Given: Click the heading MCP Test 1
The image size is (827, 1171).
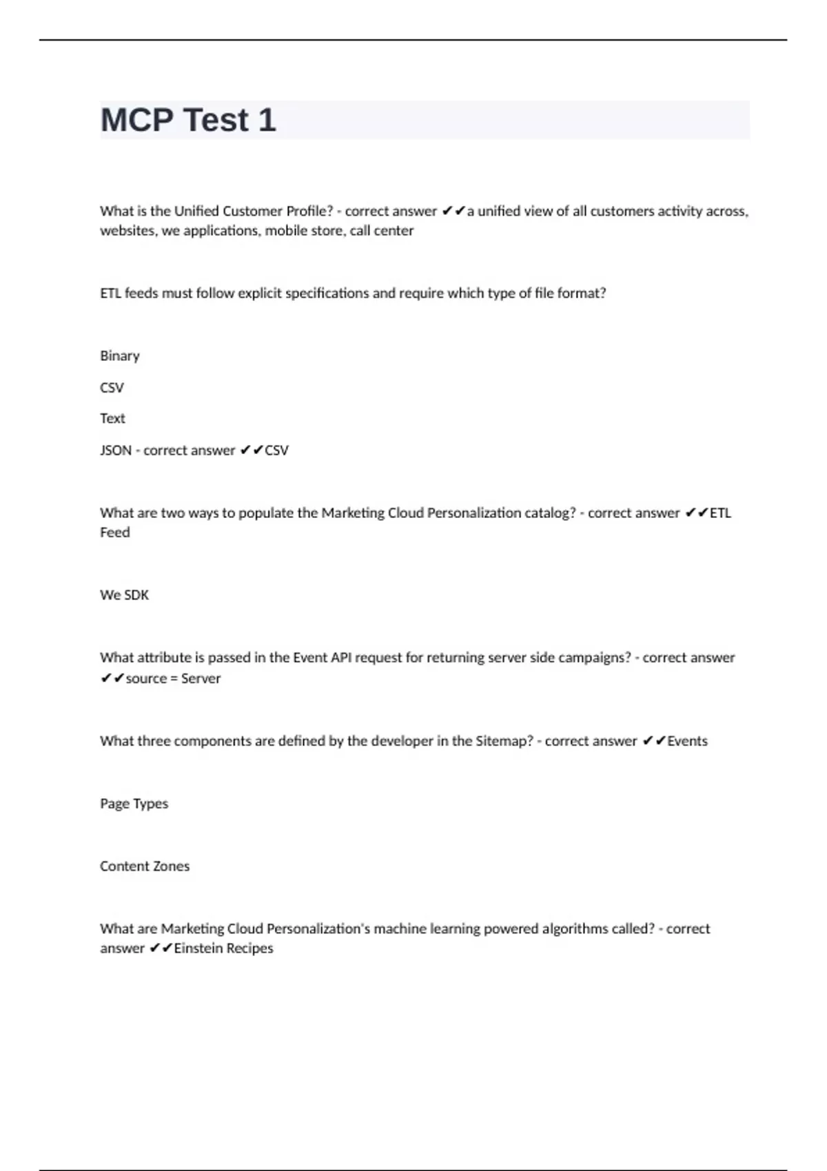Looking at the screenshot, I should coord(188,120).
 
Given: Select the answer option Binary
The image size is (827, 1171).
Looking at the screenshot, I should coord(120,356).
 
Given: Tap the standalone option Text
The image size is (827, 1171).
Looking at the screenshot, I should coord(112,419).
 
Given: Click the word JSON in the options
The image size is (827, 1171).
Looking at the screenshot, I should coord(116,450).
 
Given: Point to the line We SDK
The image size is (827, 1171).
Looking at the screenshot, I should coord(124,595).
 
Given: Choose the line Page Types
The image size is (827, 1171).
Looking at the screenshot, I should coord(134,804).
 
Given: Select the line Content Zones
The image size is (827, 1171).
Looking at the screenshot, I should coord(145,867).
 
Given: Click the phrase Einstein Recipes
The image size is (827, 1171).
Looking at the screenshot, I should coord(223,949).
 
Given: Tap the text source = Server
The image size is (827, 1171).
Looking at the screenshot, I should coord(173,678).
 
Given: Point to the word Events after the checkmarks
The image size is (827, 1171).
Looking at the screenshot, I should coord(687,741).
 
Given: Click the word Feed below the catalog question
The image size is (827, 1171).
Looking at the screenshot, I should coord(114,532).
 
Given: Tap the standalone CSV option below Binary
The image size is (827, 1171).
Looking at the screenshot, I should coord(112,388).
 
